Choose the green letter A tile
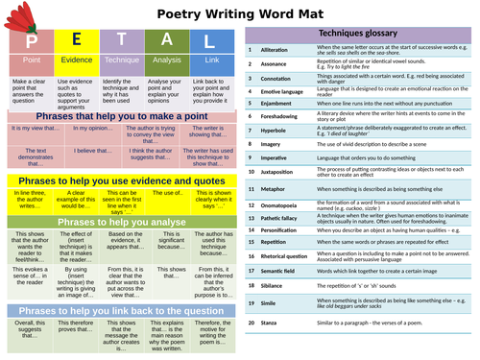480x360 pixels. tap(166, 41)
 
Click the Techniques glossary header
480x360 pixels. tap(361, 34)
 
